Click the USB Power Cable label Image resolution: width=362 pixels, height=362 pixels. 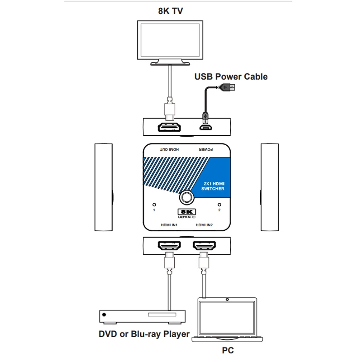pos(231,76)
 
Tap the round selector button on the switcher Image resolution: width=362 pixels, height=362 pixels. pos(186,198)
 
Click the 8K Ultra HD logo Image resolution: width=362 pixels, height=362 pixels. pos(186,213)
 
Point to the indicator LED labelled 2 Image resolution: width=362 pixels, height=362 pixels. pos(219,205)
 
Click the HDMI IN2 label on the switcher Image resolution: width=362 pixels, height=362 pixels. pos(205,224)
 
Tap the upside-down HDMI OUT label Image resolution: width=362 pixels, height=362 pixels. pos(169,149)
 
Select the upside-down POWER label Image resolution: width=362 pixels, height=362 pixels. pos(205,149)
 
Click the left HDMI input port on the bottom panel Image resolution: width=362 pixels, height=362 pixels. pos(169,247)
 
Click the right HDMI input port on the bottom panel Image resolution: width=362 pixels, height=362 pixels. pos(205,247)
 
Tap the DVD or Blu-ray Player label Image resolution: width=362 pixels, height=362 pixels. pos(143,334)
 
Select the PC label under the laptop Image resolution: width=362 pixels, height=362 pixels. pos(228,350)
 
